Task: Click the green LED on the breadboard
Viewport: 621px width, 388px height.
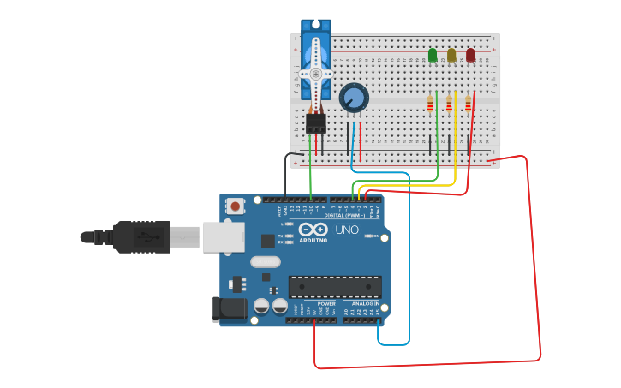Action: pyautogui.click(x=433, y=56)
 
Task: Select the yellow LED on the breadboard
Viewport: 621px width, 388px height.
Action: pyautogui.click(x=451, y=56)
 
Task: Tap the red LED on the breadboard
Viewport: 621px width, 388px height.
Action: pyautogui.click(x=470, y=56)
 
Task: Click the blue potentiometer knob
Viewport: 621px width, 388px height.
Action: pyautogui.click(x=353, y=98)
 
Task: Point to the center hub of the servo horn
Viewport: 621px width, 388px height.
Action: pyautogui.click(x=315, y=74)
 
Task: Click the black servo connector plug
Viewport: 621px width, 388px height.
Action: pyautogui.click(x=316, y=123)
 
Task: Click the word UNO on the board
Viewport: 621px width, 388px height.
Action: pyautogui.click(x=347, y=230)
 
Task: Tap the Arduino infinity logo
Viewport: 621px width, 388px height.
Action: pyautogui.click(x=313, y=230)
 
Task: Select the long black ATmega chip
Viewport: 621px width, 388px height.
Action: pyautogui.click(x=335, y=287)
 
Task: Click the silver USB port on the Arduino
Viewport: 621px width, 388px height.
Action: pyautogui.click(x=223, y=236)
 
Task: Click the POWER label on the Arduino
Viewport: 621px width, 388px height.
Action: pyautogui.click(x=326, y=303)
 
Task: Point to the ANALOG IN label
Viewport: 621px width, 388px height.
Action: pyautogui.click(x=365, y=303)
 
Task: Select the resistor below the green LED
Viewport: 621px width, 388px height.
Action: pyautogui.click(x=430, y=104)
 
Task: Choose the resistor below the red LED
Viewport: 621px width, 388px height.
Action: pyautogui.click(x=468, y=104)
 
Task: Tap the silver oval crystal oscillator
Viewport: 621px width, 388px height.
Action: pyautogui.click(x=265, y=262)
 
